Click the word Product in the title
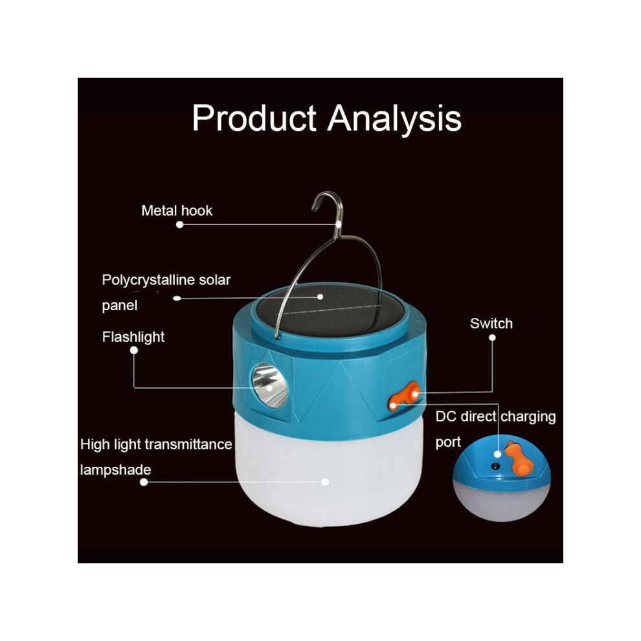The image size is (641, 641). pyautogui.click(x=254, y=118)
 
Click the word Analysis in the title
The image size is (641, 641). pyautogui.click(x=394, y=118)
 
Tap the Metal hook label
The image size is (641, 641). pyautogui.click(x=177, y=210)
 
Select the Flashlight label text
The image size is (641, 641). pyautogui.click(x=133, y=337)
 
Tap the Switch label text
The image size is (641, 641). pyautogui.click(x=491, y=323)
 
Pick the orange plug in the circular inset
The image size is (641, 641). pyautogui.click(x=519, y=458)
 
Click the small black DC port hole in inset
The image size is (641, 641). pyautogui.click(x=495, y=466)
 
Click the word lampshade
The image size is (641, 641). pyautogui.click(x=115, y=469)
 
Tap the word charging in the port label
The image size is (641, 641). pyautogui.click(x=528, y=417)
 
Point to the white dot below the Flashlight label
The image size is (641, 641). pyautogui.click(x=133, y=350)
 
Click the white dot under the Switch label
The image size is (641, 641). pyautogui.click(x=492, y=338)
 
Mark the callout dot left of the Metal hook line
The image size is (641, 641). pyautogui.click(x=179, y=225)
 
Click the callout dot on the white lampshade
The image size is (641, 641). pyautogui.click(x=325, y=482)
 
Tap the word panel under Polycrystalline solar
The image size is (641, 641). pyautogui.click(x=119, y=306)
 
